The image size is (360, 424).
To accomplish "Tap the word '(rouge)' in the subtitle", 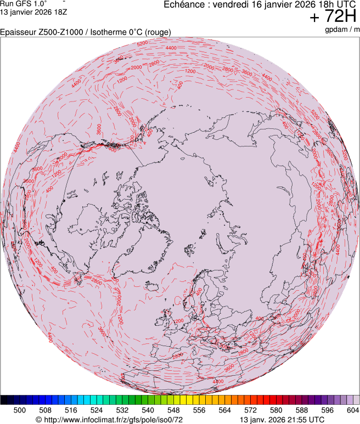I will click(x=157, y=32).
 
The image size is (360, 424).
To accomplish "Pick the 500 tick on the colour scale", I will click(x=20, y=409).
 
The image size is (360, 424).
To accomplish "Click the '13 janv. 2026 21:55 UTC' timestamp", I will click(x=282, y=419).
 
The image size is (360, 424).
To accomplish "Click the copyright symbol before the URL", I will click(x=38, y=419).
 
